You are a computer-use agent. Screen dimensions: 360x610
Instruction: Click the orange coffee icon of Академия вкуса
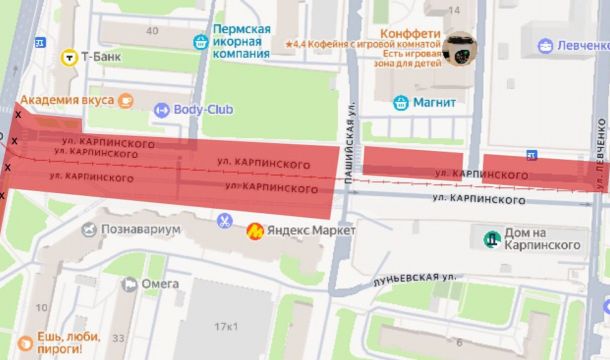tap(125, 99)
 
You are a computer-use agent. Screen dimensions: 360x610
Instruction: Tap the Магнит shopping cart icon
tap(400, 101)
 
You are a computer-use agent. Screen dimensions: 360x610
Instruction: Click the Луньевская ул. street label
tap(412, 277)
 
